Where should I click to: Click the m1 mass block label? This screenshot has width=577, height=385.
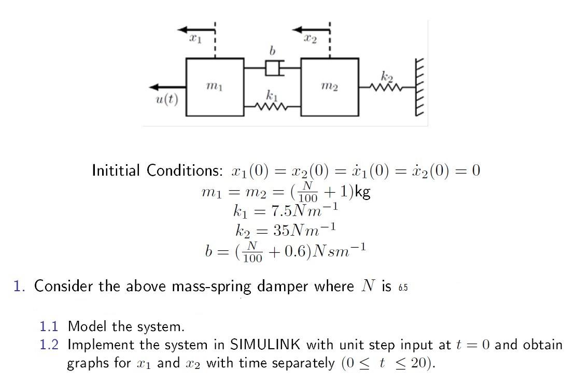[x=215, y=87]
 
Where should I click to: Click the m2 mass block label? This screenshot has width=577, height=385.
[x=330, y=87]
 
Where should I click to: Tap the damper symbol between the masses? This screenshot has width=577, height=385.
[x=273, y=68]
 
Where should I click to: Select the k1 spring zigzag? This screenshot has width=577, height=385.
[x=272, y=107]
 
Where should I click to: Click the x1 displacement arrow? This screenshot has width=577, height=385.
[x=196, y=30]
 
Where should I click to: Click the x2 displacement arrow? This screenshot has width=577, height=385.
[x=311, y=30]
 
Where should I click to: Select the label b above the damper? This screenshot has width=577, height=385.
[x=272, y=50]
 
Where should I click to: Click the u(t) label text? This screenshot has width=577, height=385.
[x=167, y=99]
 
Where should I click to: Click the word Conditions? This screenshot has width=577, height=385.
[x=185, y=170]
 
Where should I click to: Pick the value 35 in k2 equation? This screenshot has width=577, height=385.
[x=282, y=230]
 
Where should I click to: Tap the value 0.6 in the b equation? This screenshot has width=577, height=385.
[x=295, y=251]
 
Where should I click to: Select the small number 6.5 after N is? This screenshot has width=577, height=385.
[x=403, y=288]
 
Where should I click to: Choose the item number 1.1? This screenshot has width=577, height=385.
[x=49, y=326]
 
